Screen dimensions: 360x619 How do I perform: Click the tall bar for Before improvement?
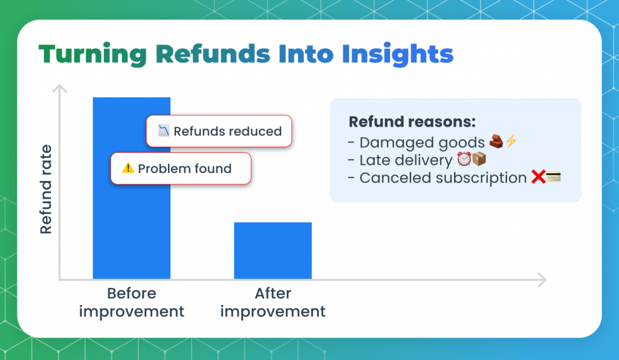click(x=131, y=242)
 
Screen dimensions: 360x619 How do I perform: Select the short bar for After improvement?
click(x=273, y=251)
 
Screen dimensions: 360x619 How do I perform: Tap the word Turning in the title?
click(x=92, y=54)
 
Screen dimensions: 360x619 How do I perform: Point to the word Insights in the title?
click(x=397, y=54)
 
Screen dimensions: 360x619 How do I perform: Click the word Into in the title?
click(x=306, y=54)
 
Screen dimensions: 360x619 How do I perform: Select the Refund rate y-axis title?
click(x=47, y=189)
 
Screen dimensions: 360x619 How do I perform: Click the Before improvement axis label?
click(x=131, y=303)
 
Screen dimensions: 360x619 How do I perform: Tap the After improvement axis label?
click(x=273, y=303)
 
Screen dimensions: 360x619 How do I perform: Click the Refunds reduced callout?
click(x=219, y=131)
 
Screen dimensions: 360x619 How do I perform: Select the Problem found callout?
click(x=180, y=169)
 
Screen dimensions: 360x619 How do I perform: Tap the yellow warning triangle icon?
click(x=128, y=168)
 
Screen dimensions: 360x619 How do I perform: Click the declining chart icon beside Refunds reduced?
click(x=164, y=130)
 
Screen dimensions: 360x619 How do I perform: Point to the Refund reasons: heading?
click(x=412, y=121)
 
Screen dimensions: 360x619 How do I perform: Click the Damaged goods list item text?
click(x=421, y=143)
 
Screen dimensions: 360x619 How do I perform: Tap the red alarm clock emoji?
click(x=464, y=159)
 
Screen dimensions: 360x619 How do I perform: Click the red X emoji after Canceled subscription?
click(x=537, y=178)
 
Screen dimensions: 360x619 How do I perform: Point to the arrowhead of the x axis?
click(x=542, y=280)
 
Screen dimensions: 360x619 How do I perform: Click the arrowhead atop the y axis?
click(x=59, y=89)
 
